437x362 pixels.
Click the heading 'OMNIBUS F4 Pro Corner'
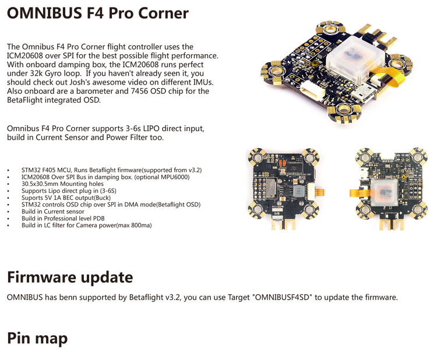[x=98, y=13]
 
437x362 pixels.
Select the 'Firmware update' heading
[x=70, y=277]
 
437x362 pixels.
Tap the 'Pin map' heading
[x=37, y=338]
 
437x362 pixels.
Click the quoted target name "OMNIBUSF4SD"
[x=282, y=297]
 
